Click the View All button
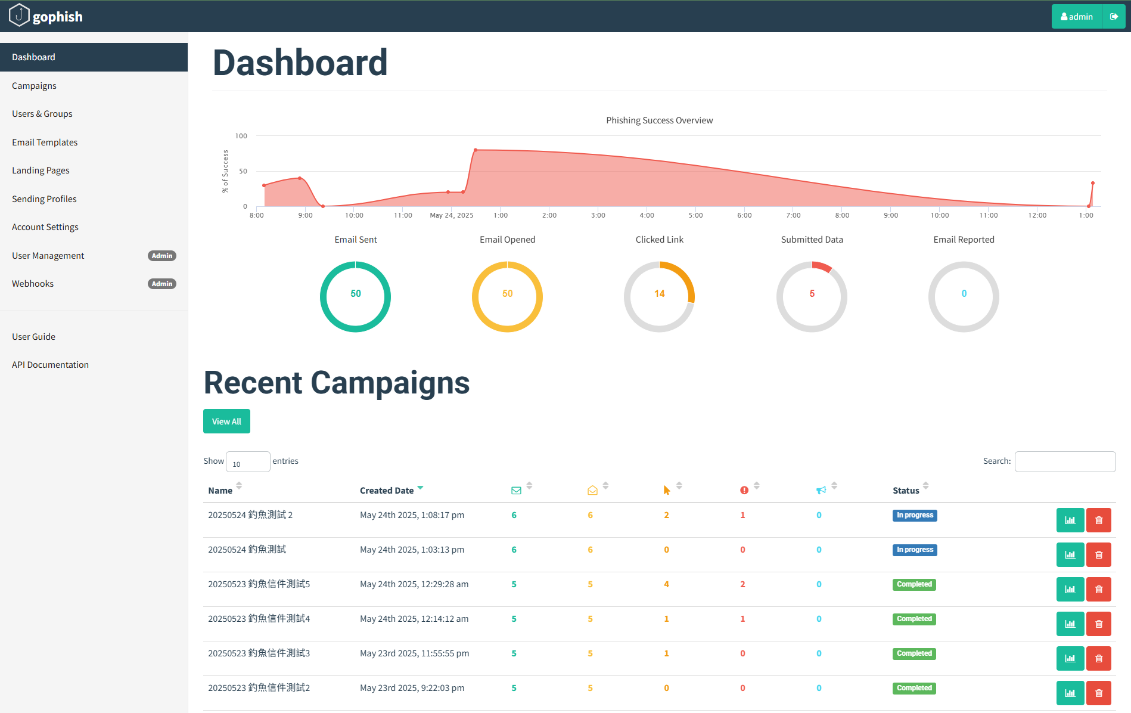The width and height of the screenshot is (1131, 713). click(x=226, y=421)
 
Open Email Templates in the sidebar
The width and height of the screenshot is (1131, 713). click(x=45, y=142)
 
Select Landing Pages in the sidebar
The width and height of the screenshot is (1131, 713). click(x=41, y=170)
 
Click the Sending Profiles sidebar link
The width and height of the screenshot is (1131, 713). click(x=44, y=199)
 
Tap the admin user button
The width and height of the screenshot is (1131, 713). click(x=1077, y=17)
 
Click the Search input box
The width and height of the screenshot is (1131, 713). click(x=1065, y=461)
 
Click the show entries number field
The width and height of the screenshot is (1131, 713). click(x=247, y=462)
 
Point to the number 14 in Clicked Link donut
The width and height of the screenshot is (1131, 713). click(x=659, y=294)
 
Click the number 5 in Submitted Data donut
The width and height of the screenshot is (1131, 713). click(x=812, y=294)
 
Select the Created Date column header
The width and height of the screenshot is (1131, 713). click(x=387, y=491)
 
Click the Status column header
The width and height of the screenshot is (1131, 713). click(x=906, y=491)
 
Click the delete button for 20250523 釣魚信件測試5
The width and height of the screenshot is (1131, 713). click(x=1098, y=589)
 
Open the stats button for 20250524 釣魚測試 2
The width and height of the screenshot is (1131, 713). click(x=1070, y=520)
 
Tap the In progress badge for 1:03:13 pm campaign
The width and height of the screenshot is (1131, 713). click(x=914, y=550)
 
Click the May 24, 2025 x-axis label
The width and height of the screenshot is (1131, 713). click(x=452, y=215)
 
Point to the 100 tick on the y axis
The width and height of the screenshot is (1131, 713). click(x=241, y=136)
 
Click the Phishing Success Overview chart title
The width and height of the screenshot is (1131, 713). click(x=659, y=120)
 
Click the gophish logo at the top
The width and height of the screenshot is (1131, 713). click(x=46, y=16)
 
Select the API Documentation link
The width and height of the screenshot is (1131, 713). click(x=50, y=365)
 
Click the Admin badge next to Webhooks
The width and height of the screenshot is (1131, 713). click(x=161, y=284)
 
